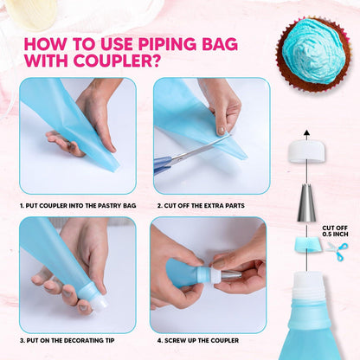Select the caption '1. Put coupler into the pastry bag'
[77, 206]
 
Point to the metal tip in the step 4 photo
[230, 274]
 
